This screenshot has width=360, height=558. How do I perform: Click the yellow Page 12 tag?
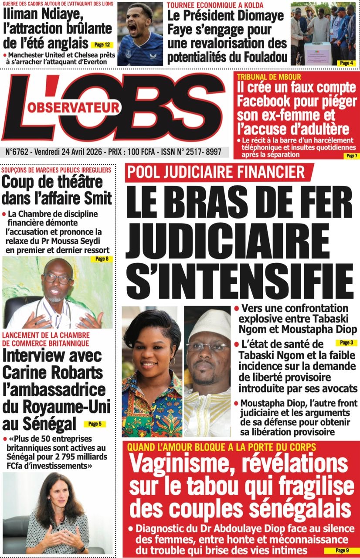102,44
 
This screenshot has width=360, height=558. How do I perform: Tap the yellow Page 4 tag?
347,63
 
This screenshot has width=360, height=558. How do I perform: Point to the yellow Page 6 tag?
104,259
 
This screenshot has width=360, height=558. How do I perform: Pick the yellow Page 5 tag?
95,423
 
